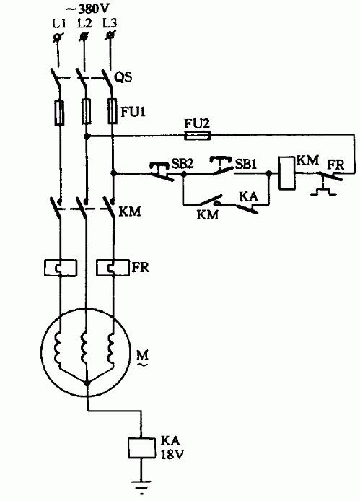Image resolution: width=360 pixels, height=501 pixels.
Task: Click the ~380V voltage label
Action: pyautogui.click(x=87, y=9)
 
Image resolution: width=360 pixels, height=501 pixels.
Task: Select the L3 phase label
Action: pyautogui.click(x=110, y=23)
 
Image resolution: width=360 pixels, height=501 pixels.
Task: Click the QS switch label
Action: pyautogui.click(x=123, y=77)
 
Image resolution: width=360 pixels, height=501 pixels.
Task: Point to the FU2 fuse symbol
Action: pyautogui.click(x=198, y=136)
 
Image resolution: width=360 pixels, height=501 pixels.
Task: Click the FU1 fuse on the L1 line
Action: pyautogui.click(x=59, y=112)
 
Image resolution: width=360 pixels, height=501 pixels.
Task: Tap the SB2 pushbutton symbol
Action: pyautogui.click(x=162, y=171)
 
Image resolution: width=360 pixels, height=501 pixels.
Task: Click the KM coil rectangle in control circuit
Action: pyautogui.click(x=286, y=173)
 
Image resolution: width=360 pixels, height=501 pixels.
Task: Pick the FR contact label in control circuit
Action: pyautogui.click(x=336, y=165)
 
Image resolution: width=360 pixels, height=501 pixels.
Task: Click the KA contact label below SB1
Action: pyautogui.click(x=248, y=196)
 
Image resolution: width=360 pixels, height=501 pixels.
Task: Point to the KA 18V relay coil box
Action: pyautogui.click(x=141, y=448)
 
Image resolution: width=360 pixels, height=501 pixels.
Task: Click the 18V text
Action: pyautogui.click(x=172, y=454)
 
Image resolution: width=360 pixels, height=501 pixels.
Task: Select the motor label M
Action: pyautogui.click(x=142, y=354)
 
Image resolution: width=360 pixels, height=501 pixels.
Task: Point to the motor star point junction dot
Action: pyautogui.click(x=87, y=383)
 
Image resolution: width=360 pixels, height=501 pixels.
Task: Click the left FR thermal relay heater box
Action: pyautogui.click(x=60, y=268)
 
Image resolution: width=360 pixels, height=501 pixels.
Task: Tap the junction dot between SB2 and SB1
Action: pyautogui.click(x=184, y=174)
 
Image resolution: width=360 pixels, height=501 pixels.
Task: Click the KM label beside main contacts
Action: pyautogui.click(x=129, y=212)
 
